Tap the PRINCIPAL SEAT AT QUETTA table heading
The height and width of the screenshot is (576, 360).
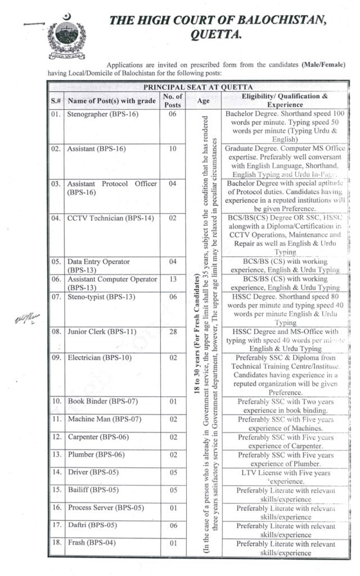198,87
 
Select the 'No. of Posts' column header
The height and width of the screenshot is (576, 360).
173,101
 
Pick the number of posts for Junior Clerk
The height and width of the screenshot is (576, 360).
173,332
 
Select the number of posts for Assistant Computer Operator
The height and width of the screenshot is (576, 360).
173,280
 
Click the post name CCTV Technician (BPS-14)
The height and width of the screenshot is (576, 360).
110,218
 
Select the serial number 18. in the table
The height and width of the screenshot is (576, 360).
56,543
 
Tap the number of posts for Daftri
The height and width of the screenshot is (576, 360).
173,525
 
